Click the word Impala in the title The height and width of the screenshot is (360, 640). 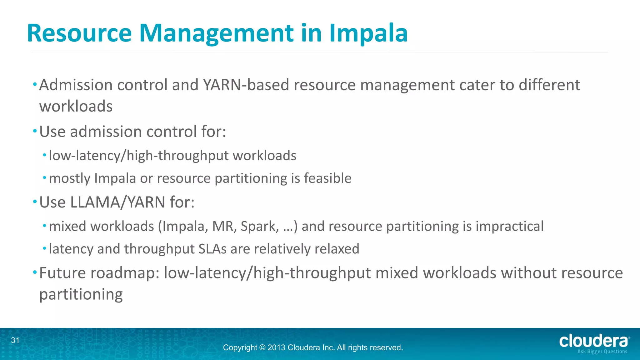368,33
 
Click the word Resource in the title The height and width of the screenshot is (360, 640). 79,33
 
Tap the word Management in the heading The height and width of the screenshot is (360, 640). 216,33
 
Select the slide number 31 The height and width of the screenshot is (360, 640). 15,340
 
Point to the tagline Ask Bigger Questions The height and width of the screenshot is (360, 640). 602,352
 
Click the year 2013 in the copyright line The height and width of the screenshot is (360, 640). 276,347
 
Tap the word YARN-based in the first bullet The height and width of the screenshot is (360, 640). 246,85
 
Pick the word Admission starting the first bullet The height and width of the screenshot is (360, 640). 76,85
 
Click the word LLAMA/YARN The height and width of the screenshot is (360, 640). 118,202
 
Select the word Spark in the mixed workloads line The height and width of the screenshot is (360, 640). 259,226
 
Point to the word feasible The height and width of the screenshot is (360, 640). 327,178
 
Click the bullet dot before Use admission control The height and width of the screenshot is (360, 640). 35,131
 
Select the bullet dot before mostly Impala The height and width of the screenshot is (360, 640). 45,178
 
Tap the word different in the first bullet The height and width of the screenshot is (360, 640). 549,85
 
